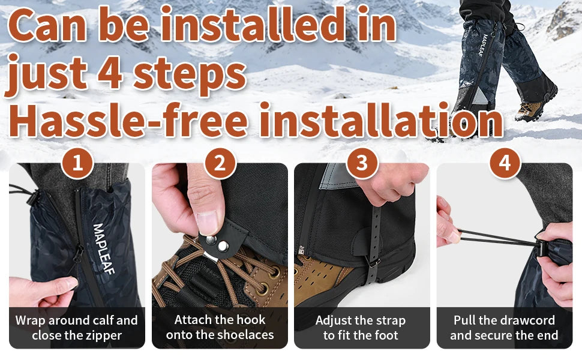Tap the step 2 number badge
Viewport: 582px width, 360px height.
(220, 163)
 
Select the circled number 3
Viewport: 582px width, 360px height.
(362, 163)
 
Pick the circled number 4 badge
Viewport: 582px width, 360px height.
(505, 163)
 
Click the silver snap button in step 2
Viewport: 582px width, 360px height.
(211, 240)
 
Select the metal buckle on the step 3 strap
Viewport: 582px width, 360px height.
(373, 262)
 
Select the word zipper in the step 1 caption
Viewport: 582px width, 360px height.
(103, 335)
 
